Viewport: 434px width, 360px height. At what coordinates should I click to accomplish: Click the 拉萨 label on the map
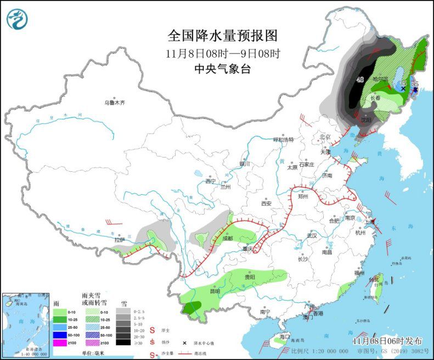pos(120,240)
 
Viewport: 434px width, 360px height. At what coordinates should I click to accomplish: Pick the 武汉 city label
pos(312,235)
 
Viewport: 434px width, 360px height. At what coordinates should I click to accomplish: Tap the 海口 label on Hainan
pos(284,336)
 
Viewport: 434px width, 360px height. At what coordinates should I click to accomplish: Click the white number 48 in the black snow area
pos(360,80)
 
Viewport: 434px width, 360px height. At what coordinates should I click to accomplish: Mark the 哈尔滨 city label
pos(380,79)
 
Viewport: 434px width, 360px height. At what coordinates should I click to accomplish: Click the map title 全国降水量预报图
pos(223,36)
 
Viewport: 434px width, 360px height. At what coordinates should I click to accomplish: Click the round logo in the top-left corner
pos(18,19)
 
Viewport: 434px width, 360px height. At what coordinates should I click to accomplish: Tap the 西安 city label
pos(266,203)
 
